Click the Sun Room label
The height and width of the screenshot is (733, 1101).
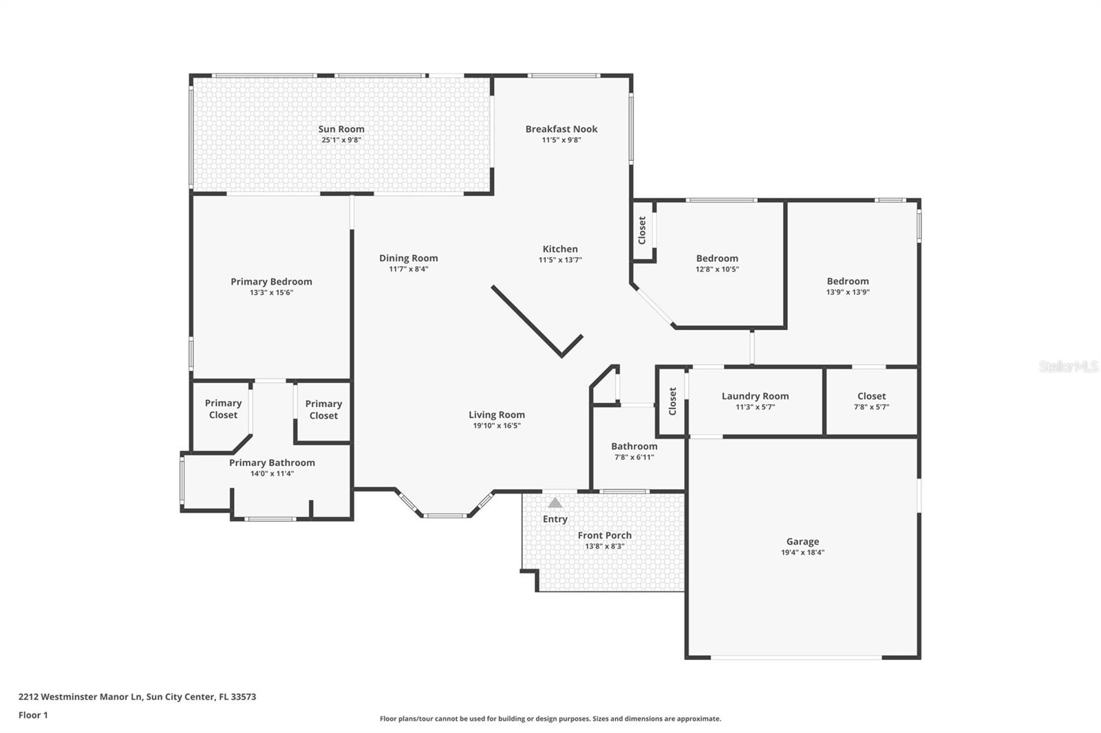[x=341, y=129]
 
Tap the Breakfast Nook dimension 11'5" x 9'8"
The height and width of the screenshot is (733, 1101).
[x=561, y=140]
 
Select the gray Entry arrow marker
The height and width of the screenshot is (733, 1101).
[x=555, y=503]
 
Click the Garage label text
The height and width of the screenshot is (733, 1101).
[x=802, y=541]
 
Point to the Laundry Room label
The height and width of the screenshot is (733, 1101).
[x=755, y=396]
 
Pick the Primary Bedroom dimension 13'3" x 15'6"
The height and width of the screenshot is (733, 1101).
[x=271, y=292]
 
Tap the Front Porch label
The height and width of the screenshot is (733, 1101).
[x=604, y=535]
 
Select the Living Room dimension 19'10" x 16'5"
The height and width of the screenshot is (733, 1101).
[x=496, y=426]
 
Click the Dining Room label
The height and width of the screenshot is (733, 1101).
[x=408, y=258]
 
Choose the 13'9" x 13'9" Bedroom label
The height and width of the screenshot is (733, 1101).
[x=847, y=281]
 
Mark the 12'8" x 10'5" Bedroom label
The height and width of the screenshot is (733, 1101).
[x=716, y=259]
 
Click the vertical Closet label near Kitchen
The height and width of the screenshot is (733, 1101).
[x=642, y=230]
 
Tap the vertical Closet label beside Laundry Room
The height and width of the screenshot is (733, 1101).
[x=672, y=401]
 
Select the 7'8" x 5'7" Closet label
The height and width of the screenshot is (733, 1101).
[x=871, y=396]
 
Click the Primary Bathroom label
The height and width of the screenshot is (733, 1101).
[x=272, y=463]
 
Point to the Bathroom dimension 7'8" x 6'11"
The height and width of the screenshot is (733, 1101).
[x=634, y=457]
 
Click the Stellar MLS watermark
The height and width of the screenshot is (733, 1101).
[x=1068, y=367]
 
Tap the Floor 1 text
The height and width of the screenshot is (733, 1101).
[x=33, y=715]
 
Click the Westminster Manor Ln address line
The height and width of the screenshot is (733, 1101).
[x=137, y=697]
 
